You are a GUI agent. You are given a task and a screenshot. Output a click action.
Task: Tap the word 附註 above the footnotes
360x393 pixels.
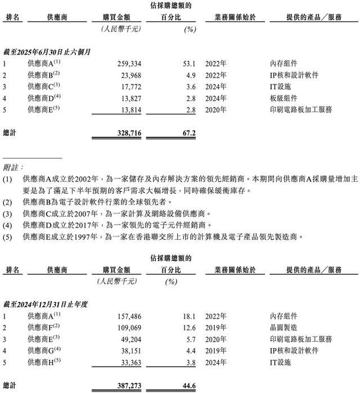point(14,167)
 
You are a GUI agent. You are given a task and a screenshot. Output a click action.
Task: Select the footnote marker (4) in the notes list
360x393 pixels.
point(7,226)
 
